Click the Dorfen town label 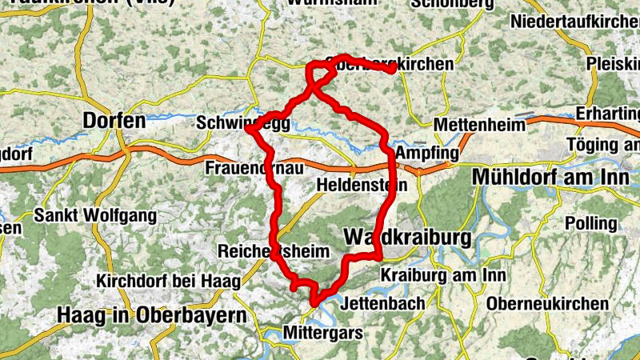click(114, 122)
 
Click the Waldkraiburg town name click(409, 238)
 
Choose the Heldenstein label click(362, 185)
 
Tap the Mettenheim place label click(478, 125)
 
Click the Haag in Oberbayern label click(151, 315)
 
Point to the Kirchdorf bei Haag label click(158, 282)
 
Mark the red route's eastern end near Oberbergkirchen click(392, 70)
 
